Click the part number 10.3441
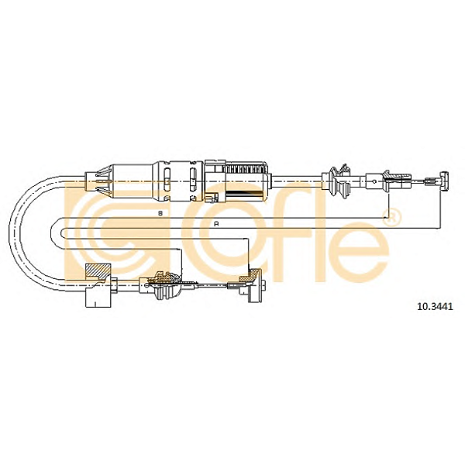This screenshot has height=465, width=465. pyautogui.click(x=435, y=306)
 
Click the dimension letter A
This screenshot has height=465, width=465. pyautogui.click(x=216, y=224)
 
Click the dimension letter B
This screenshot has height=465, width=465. pyautogui.click(x=160, y=213)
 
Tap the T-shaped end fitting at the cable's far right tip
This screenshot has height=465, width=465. pyautogui.click(x=445, y=181)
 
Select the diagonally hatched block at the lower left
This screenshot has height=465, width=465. pyautogui.click(x=98, y=270)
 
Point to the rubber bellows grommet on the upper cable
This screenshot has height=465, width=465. pyautogui.click(x=339, y=182)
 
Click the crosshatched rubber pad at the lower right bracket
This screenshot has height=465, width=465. pyautogui.click(x=250, y=274)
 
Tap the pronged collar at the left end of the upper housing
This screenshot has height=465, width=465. pyautogui.click(x=98, y=181)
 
